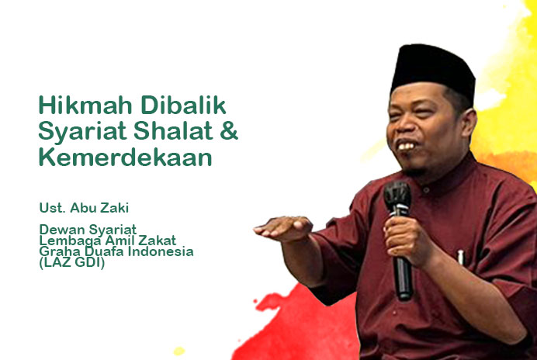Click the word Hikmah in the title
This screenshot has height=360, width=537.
point(85,105)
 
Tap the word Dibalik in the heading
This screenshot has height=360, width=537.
point(184,105)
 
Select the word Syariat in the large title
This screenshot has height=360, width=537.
point(82,132)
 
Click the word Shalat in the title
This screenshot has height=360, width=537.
point(173,131)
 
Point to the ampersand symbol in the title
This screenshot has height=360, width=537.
point(229,131)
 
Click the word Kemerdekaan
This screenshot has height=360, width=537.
point(126,157)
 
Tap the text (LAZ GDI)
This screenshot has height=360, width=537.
point(72,263)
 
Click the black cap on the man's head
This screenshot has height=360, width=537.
point(433,72)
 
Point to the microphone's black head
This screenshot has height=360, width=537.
point(397,197)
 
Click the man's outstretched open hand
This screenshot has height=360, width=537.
point(283,228)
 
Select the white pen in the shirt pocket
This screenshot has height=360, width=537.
point(461,258)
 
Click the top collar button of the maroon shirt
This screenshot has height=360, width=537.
point(426,189)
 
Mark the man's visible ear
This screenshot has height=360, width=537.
point(469,126)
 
